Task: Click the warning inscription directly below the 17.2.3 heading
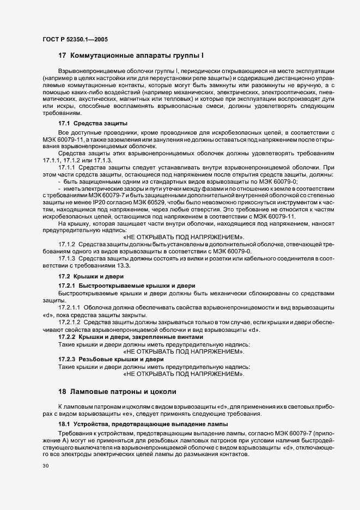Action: tap(184, 374)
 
